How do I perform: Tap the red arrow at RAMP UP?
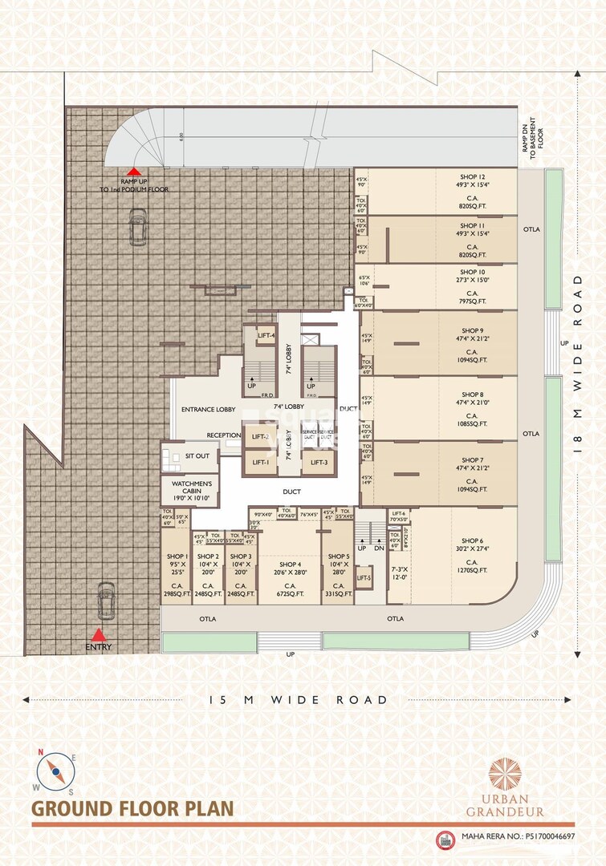click(135, 172)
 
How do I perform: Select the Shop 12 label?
click(472, 176)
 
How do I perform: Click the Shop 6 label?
click(472, 540)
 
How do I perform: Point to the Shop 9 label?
click(472, 330)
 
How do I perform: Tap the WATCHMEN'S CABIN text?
click(190, 487)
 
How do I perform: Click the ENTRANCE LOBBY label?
click(208, 410)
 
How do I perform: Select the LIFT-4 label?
click(266, 335)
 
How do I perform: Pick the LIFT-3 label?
click(319, 463)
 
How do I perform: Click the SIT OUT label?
click(197, 455)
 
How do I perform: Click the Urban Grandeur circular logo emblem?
click(505, 774)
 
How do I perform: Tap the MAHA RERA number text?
click(519, 837)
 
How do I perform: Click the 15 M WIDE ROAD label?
click(298, 700)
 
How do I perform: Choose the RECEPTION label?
click(224, 435)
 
